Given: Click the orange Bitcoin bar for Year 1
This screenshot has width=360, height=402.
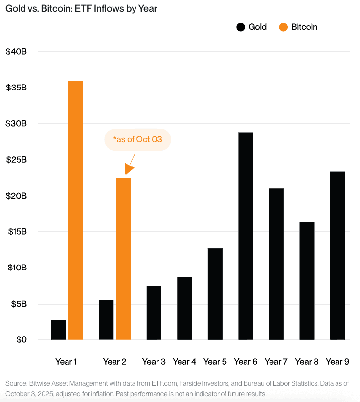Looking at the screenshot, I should click(x=75, y=210).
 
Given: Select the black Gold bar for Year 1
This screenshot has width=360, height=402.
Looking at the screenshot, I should click(x=58, y=330).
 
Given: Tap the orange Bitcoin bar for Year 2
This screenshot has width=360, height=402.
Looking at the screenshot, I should click(x=123, y=259).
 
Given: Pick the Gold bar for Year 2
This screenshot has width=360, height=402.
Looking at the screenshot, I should click(x=106, y=320).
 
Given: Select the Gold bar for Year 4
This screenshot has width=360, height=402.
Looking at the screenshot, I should click(x=184, y=308).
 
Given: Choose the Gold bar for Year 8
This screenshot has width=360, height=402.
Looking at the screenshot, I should click(x=307, y=281).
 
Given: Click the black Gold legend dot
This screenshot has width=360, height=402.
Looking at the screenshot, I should click(x=240, y=27).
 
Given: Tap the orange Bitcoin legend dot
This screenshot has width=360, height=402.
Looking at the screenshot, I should click(x=283, y=27).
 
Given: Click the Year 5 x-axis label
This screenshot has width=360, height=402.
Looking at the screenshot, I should click(x=215, y=362).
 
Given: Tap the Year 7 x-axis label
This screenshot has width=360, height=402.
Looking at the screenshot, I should click(x=276, y=362).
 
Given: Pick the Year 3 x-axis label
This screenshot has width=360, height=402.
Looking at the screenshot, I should click(x=154, y=362).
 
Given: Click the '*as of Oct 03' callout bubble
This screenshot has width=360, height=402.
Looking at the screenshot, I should click(x=137, y=140).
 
